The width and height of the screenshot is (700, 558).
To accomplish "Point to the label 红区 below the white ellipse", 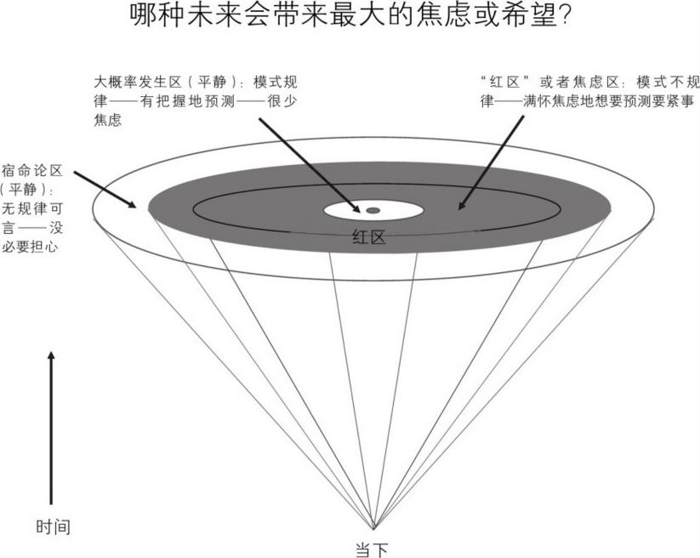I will [x=368, y=237].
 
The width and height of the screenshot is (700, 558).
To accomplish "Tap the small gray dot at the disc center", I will [x=373, y=209].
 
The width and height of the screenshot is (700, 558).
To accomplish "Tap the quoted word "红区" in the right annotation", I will [x=503, y=83].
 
